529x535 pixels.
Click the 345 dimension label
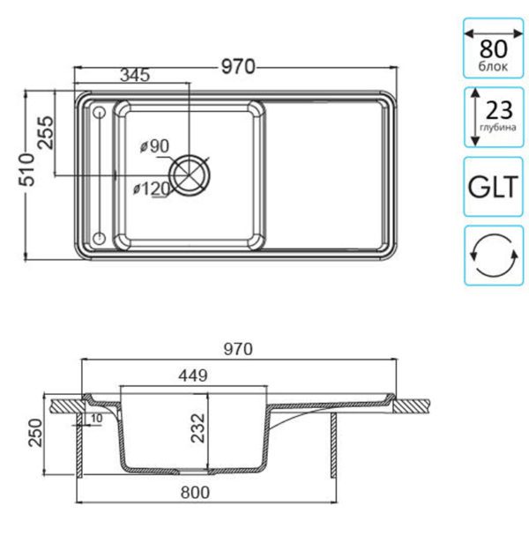[135, 75]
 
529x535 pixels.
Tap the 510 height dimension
[27, 169]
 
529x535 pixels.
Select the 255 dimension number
[46, 133]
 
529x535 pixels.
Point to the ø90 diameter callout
[154, 146]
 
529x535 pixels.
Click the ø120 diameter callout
[152, 189]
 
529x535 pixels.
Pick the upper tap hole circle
[100, 112]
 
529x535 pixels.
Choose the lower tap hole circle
[100, 237]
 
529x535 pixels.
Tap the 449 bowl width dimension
[193, 375]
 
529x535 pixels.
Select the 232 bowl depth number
[198, 428]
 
